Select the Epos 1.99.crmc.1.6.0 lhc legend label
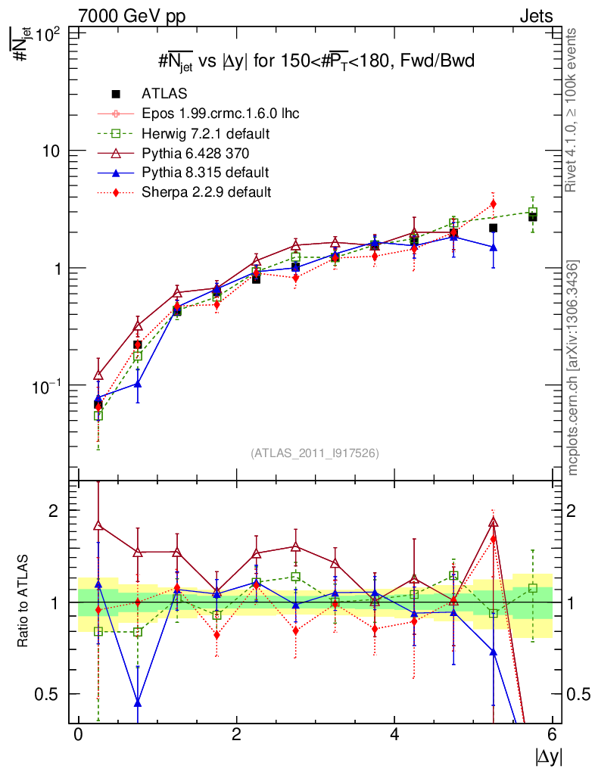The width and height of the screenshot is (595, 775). pyautogui.click(x=220, y=114)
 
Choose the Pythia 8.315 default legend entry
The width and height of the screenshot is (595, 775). pyautogui.click(x=205, y=173)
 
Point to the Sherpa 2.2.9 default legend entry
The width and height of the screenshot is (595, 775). pyautogui.click(x=206, y=192)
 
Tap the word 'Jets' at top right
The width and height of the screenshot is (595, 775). pyautogui.click(x=535, y=16)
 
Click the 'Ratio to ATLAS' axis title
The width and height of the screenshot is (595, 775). pyautogui.click(x=23, y=602)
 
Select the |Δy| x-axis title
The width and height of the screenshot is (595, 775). pyautogui.click(x=548, y=756)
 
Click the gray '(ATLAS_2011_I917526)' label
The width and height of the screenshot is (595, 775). pyautogui.click(x=315, y=453)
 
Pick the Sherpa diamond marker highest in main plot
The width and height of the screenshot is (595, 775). pyautogui.click(x=494, y=204)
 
